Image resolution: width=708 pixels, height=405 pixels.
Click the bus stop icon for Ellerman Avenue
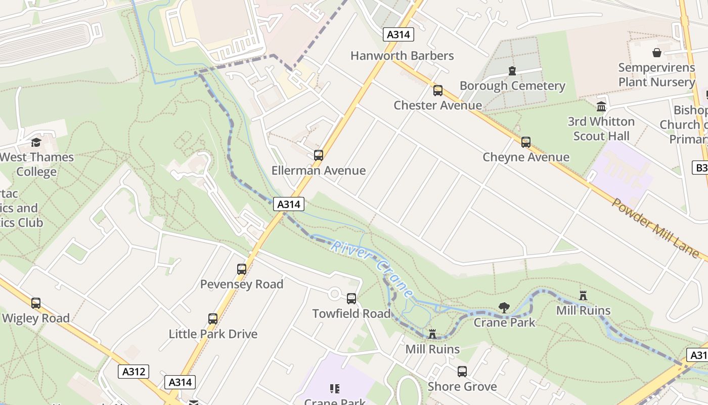coord(319,155)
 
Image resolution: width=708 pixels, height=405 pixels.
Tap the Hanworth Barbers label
coord(402,56)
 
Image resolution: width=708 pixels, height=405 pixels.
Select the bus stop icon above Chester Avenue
coord(438,91)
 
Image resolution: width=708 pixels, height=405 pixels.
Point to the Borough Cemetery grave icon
coord(512,71)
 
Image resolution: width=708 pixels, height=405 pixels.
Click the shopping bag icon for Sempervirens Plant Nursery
coord(656,53)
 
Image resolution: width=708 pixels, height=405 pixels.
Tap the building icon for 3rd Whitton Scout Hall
coord(601,107)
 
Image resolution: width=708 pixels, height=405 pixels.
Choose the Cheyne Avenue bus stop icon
coord(526,142)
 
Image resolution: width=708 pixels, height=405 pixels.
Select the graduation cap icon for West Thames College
coord(36,142)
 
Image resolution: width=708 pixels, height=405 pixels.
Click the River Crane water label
coord(372,269)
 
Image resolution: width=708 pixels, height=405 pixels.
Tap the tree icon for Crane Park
coord(504,307)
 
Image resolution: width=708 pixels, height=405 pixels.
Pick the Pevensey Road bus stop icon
coord(242,269)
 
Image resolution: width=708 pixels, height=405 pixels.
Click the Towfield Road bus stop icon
coord(351,299)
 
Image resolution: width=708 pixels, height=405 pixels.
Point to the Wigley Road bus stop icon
coord(36,303)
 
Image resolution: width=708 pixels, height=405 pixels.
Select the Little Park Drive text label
coord(213,334)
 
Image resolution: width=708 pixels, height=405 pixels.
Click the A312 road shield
coord(134,372)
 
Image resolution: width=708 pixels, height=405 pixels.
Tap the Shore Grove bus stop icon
coord(462,372)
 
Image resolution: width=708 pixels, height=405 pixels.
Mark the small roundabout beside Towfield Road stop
coord(334,294)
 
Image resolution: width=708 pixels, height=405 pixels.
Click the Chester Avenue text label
coord(438,105)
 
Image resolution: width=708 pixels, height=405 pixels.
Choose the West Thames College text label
coord(36,164)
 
